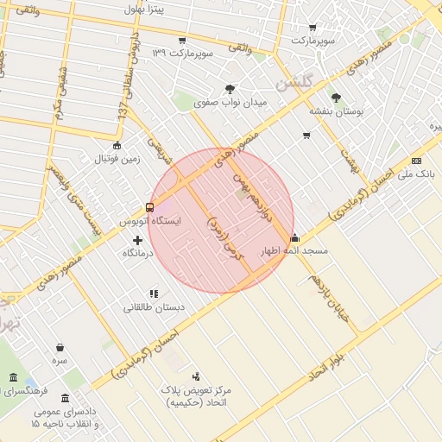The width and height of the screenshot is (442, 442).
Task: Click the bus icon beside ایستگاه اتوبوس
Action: [149, 207]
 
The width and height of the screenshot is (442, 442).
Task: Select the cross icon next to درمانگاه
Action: [138, 238]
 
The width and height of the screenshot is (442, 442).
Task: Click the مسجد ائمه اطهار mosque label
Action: [294, 251]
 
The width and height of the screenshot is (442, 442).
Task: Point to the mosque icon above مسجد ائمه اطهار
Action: [295, 237]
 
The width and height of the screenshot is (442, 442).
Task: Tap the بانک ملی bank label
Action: [417, 174]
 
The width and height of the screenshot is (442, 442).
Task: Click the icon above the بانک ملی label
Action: [417, 161]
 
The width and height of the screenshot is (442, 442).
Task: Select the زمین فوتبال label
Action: [117, 159]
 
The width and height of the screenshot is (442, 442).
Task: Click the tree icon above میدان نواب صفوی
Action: [230, 88]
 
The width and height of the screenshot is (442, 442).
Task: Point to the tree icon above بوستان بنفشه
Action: [336, 98]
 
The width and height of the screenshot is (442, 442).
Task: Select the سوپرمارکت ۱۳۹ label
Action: [182, 54]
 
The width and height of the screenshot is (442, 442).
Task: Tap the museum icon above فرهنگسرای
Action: [13, 377]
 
